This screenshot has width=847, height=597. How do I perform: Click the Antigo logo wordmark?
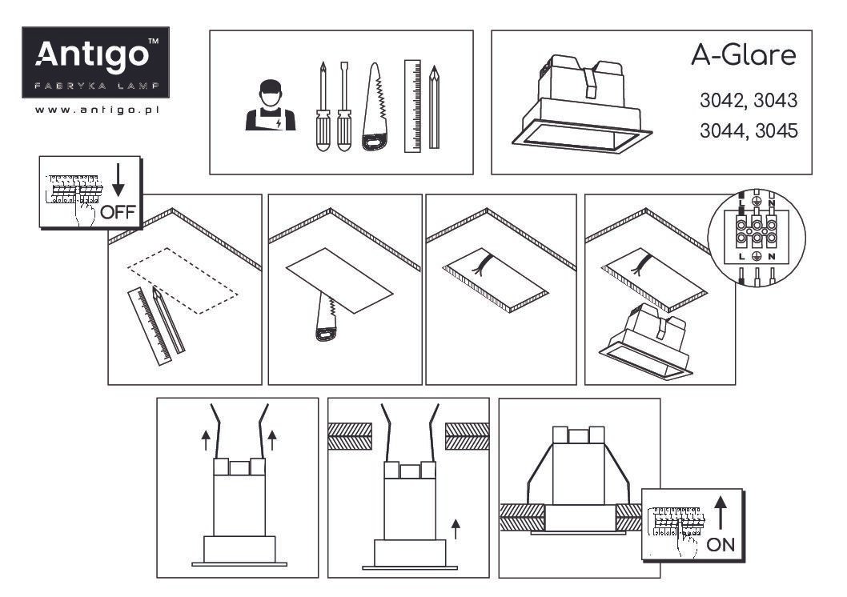click(92, 55)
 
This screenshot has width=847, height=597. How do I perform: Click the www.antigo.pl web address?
click(97, 110)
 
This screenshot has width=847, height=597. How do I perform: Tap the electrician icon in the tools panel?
click(270, 106)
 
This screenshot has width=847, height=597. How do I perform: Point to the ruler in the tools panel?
click(412, 106)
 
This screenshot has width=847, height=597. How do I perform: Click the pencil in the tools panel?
click(434, 107)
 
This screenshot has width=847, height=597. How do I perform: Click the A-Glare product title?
click(743, 55)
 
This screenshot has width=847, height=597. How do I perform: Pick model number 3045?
click(777, 130)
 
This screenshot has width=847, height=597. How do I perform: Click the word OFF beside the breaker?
click(117, 211)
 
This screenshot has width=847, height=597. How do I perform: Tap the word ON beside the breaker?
click(721, 545)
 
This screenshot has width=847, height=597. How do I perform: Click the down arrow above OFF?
click(118, 180)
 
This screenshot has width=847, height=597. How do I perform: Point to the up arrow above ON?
click(721, 513)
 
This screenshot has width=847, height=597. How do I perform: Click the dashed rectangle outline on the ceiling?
click(182, 281)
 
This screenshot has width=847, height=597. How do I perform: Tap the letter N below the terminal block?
click(772, 257)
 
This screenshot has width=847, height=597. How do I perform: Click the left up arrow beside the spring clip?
click(205, 440)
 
